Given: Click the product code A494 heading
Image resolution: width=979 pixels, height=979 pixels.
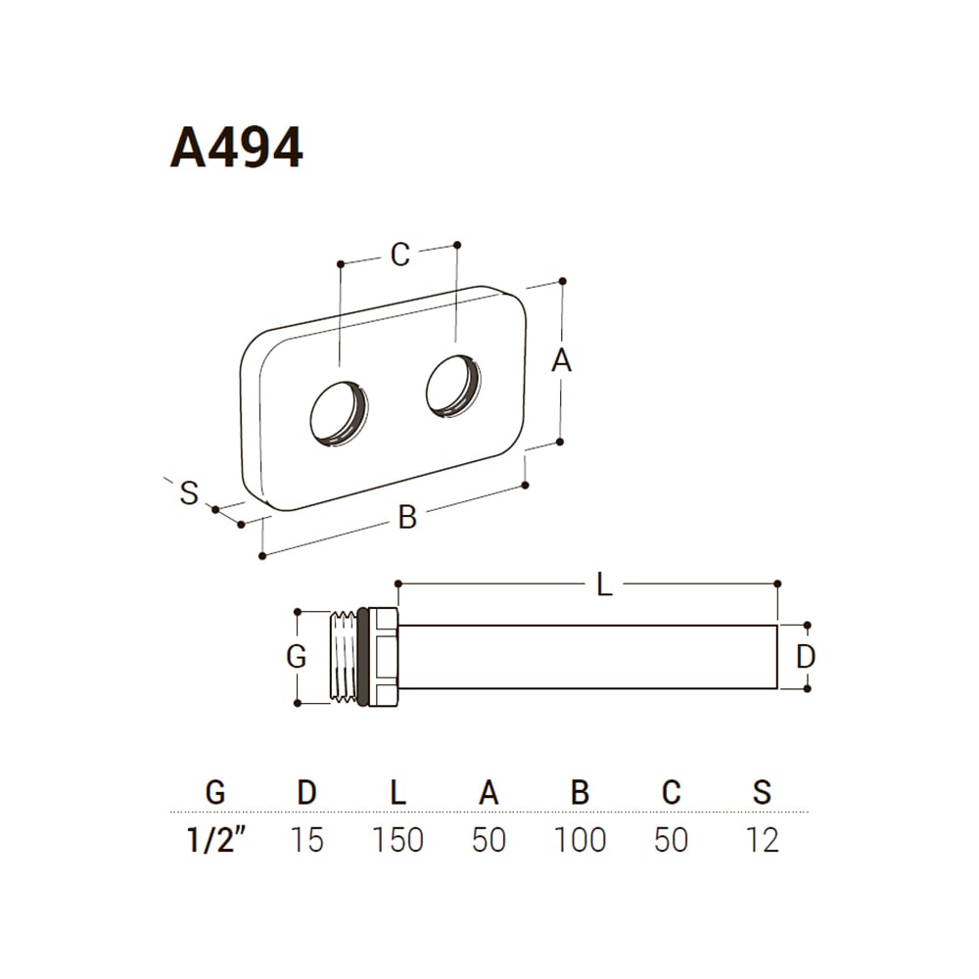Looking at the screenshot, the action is pos(237,148).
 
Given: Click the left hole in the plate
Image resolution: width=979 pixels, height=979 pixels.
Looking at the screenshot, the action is pos(339,413).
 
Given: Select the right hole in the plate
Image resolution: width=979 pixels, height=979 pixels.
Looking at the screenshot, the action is pos(454,387).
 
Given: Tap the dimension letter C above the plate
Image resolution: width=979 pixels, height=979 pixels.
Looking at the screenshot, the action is pos(400,255).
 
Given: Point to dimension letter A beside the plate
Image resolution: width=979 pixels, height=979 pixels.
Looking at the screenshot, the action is pos(561,360).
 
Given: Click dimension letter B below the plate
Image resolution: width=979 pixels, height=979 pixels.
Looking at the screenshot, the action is pos(407,518).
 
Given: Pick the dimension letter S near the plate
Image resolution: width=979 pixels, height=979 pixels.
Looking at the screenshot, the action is pos(189,492).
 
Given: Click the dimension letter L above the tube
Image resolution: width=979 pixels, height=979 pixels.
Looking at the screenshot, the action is pos(604,585).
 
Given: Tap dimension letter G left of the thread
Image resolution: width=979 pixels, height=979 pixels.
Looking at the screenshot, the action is pos(296,656).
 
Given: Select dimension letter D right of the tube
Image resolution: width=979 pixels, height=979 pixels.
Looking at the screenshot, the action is pos(806,656).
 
